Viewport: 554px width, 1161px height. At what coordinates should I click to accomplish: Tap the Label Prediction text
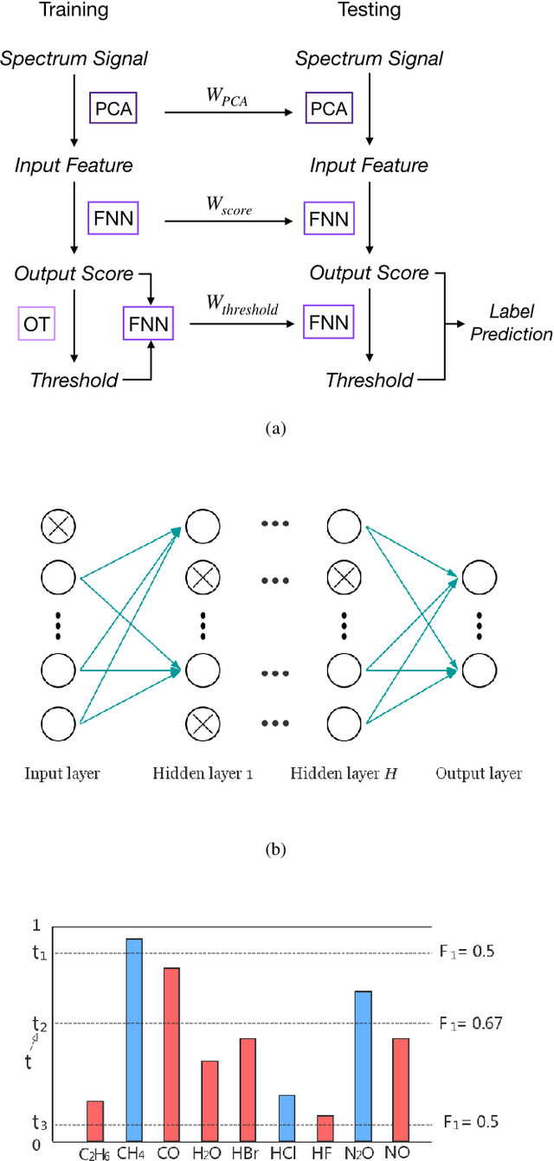511,323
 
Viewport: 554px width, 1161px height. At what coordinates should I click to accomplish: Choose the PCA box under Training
113,110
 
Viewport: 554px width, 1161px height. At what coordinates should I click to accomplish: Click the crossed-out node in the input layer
59,524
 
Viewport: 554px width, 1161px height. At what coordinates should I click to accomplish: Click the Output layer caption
479,773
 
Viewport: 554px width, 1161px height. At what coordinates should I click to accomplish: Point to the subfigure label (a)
276,427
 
